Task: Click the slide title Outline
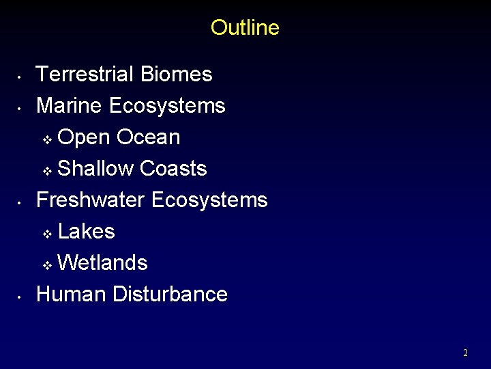[x=245, y=27]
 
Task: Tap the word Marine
[x=70, y=105]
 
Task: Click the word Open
[x=84, y=137]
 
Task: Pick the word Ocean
[x=149, y=137]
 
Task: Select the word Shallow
[x=96, y=168]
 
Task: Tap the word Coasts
[x=173, y=168]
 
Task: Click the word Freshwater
[x=90, y=200]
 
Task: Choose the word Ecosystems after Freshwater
[x=209, y=200]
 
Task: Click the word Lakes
[x=87, y=231]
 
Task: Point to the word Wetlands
[x=103, y=262]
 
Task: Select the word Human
[x=71, y=294]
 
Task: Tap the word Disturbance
[x=170, y=294]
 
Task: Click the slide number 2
[x=465, y=353]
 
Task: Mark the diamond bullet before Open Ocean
[x=47, y=139]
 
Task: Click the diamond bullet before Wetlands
[x=47, y=265]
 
